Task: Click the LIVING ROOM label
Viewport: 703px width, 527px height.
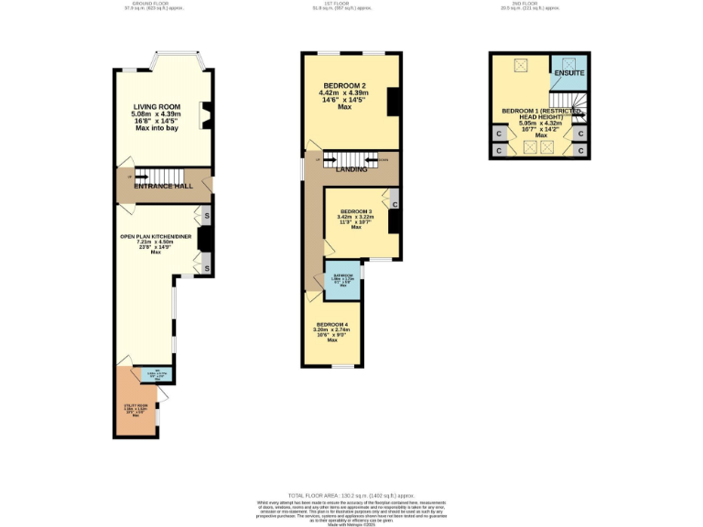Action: [157, 107]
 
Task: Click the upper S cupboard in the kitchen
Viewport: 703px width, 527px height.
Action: [207, 216]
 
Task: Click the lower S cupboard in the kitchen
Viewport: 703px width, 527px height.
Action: [207, 267]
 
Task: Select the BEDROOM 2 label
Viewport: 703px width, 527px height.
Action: [344, 86]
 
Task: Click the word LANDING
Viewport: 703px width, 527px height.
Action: [351, 169]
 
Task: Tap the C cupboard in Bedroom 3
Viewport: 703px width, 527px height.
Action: [394, 194]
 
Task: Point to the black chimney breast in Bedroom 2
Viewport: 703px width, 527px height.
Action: [393, 102]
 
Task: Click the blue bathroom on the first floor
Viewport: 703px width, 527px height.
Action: [344, 280]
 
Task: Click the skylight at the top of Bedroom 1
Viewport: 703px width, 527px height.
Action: [522, 65]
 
